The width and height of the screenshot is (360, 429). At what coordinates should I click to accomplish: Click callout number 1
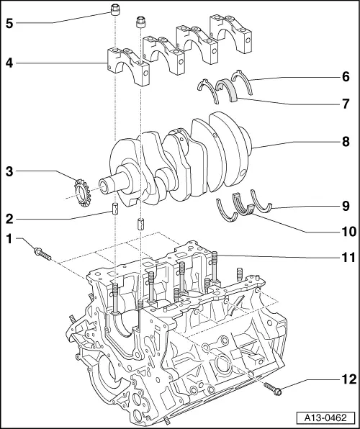tap(9, 238)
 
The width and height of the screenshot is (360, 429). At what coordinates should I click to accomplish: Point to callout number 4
tap(9, 63)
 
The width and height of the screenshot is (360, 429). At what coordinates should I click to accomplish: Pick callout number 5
tap(9, 22)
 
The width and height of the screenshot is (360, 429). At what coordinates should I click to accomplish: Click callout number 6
tap(346, 75)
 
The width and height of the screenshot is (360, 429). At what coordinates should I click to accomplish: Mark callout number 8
tap(346, 140)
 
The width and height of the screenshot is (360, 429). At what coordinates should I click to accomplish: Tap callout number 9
tap(346, 206)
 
